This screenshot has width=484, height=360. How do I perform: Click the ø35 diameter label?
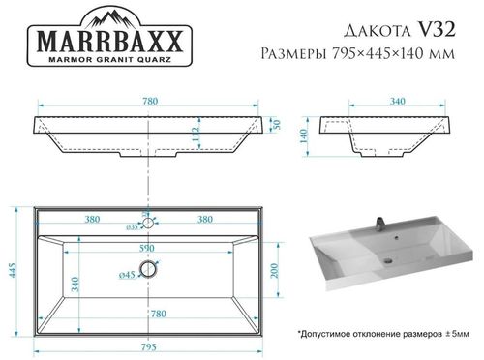pyautogui.click(x=134, y=228)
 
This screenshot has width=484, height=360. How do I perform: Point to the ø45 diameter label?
pyautogui.click(x=126, y=275)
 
